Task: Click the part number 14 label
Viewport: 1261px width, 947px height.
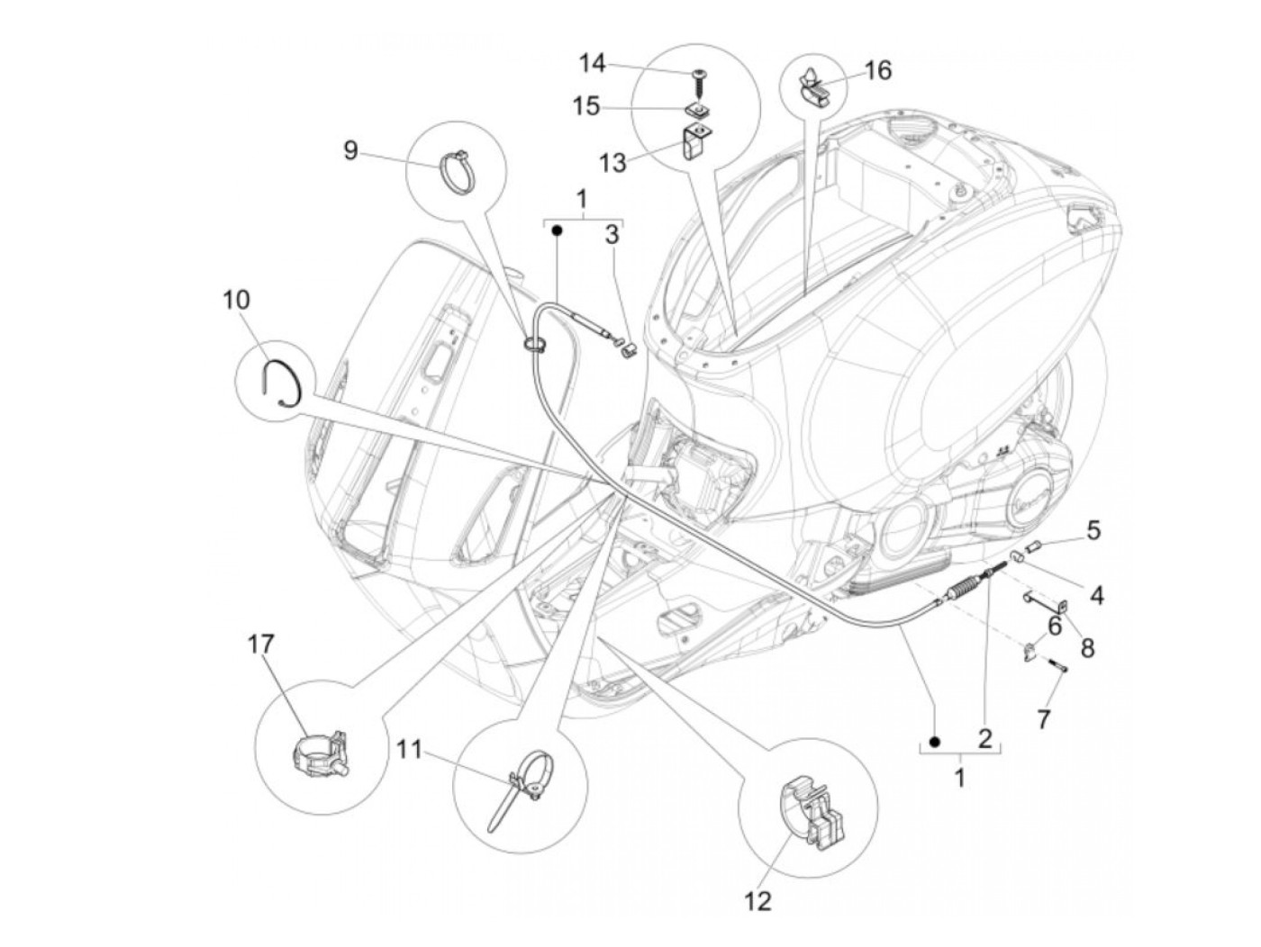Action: (592, 64)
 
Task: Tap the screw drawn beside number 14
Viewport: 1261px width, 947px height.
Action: (698, 85)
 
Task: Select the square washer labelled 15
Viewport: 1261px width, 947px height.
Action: (696, 111)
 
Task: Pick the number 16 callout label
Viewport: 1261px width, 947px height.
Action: (877, 69)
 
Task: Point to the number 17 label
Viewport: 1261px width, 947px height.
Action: (261, 645)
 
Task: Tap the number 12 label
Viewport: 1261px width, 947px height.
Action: (758, 899)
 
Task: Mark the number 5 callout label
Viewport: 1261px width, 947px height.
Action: (1093, 529)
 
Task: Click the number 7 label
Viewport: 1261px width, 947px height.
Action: (1044, 718)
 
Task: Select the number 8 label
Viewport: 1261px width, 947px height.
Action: (1088, 647)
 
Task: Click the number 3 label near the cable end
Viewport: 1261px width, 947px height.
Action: (612, 236)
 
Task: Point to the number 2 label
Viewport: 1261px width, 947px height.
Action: (984, 739)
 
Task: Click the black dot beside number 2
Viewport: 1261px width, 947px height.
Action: (935, 741)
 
